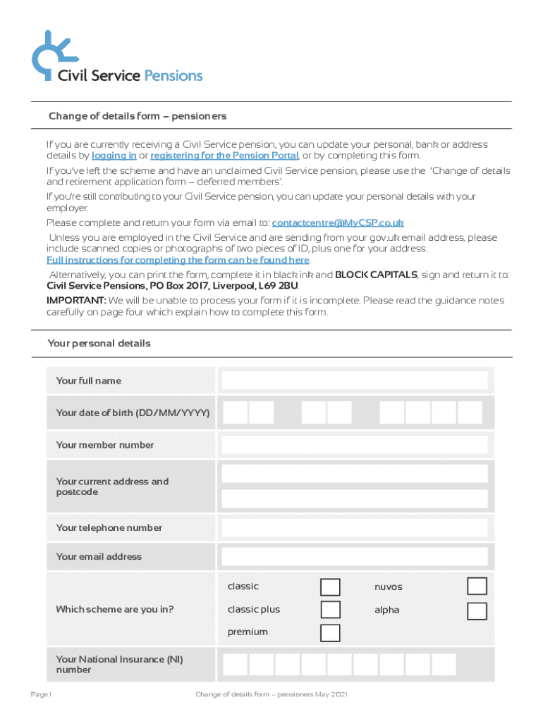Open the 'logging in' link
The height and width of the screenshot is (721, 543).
pos(114,156)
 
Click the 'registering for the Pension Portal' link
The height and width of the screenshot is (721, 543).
pos(224,156)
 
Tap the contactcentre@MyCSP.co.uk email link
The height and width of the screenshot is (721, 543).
pos(338,223)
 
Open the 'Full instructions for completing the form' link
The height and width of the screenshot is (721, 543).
pos(178,261)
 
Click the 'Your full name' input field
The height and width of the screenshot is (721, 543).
pos(354,381)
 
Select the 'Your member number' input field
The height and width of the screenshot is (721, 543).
pos(354,445)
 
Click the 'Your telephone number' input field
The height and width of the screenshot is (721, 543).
pos(354,528)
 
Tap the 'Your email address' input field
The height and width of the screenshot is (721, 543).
pos(354,557)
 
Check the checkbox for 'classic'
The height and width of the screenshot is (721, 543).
pos(330,587)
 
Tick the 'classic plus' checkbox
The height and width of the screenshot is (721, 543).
pos(330,610)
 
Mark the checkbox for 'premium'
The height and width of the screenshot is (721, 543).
pos(330,633)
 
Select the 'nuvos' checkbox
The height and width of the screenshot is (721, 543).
pos(477,587)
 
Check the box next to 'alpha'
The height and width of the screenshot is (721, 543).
pos(477,611)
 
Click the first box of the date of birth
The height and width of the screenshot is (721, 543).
pos(236,413)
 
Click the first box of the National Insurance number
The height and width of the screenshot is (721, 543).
pos(236,665)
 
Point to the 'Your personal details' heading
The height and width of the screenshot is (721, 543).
pos(99,344)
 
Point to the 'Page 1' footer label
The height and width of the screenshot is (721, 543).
pos(42,696)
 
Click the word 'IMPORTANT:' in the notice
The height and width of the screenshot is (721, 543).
pos(77,301)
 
